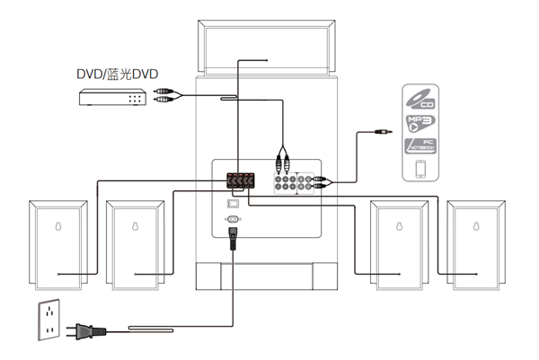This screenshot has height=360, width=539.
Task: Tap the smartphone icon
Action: coord(420,171)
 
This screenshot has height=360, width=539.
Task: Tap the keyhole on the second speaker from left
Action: coord(135,226)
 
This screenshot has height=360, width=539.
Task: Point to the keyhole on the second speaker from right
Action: coord(400,226)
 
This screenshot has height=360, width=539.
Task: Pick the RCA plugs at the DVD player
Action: coord(165,96)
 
